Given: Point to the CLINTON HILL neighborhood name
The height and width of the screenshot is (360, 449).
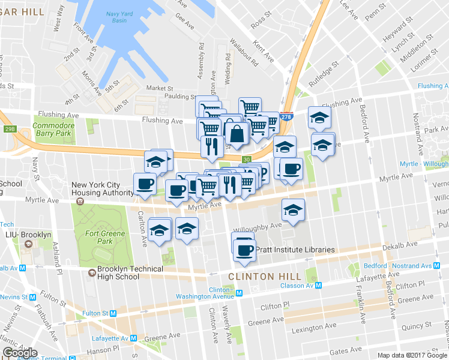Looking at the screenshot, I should coord(259,277).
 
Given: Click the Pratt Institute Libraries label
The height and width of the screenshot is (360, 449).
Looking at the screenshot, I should coord(295,250).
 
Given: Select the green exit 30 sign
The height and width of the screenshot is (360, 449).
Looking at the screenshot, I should coord(247,159).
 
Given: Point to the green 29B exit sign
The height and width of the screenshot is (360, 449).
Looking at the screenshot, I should coord(9,128).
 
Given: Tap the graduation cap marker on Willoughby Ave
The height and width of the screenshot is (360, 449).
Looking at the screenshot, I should coord(293,211).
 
